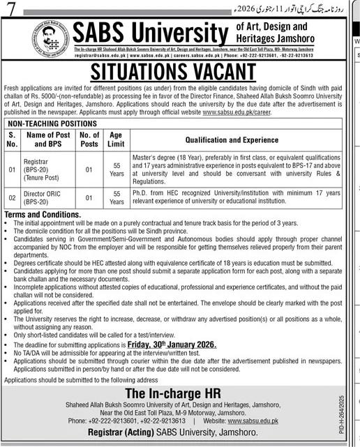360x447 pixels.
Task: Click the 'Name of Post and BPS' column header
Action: coord(55,139)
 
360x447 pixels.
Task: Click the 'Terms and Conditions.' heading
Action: coord(43,215)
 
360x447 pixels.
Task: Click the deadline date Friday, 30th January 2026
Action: coord(176,344)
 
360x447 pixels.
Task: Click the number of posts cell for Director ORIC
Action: coord(89,198)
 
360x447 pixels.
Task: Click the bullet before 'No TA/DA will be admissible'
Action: coord(7,353)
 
